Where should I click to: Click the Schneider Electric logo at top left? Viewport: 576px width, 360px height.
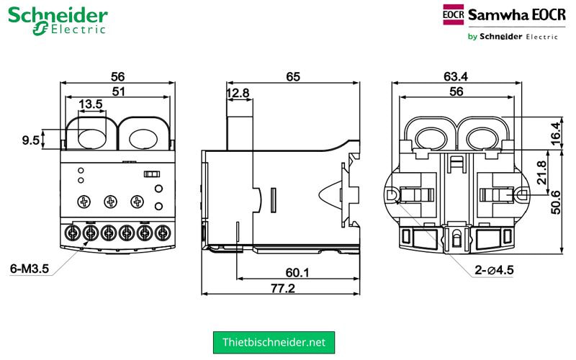tap(58, 20)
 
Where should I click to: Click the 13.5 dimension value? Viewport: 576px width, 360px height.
tap(91, 104)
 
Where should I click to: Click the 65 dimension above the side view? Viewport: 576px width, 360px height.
tap(292, 76)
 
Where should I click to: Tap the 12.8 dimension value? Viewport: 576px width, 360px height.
tap(238, 93)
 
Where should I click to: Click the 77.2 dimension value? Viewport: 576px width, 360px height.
tap(282, 288)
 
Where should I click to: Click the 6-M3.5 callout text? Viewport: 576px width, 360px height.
tap(29, 269)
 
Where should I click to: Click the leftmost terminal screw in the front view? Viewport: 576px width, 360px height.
tap(73, 233)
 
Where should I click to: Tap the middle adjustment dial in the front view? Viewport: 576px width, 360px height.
tap(110, 202)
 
